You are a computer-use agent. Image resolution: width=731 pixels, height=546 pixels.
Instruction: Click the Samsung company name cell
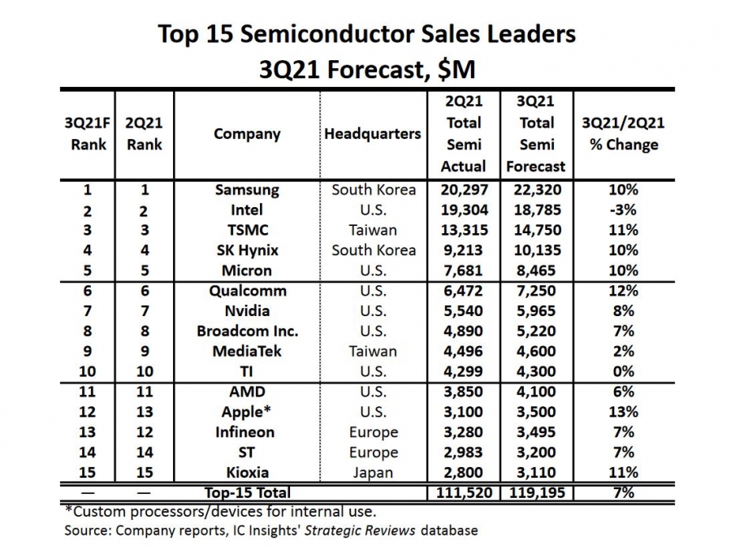point(247,190)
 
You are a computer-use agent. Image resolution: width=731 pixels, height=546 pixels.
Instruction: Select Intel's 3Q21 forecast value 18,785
point(536,210)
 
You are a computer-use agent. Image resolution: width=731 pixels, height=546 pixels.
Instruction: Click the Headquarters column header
point(373,133)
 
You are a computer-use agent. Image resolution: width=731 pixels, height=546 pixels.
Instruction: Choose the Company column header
point(247,133)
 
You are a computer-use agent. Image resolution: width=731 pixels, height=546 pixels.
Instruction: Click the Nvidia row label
point(247,311)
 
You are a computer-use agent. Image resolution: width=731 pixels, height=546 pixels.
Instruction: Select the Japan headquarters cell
point(373,473)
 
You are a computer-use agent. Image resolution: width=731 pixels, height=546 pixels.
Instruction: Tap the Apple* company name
point(247,412)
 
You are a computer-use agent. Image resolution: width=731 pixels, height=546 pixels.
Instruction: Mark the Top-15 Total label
point(247,492)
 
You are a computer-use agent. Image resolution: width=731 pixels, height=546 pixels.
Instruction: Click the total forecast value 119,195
point(536,492)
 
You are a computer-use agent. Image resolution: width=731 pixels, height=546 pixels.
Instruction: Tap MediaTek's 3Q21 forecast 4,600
point(536,352)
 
